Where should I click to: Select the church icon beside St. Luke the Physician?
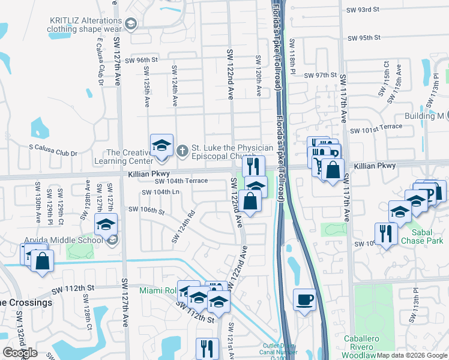click(x=183, y=149)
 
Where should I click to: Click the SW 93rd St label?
click(x=364, y=10)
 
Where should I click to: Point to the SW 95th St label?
click(x=364, y=37)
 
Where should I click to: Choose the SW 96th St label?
click(x=138, y=60)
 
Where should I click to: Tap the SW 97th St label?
click(x=321, y=75)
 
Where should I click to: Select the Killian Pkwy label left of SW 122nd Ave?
click(x=145, y=173)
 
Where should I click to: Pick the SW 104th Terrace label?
click(x=181, y=181)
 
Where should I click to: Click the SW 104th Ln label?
click(x=160, y=192)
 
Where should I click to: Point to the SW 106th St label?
click(x=146, y=210)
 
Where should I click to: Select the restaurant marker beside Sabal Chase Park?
click(x=385, y=233)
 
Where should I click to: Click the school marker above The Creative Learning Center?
click(x=161, y=146)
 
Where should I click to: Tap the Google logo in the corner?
click(x=20, y=352)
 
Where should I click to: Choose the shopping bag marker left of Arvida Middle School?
click(x=42, y=262)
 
